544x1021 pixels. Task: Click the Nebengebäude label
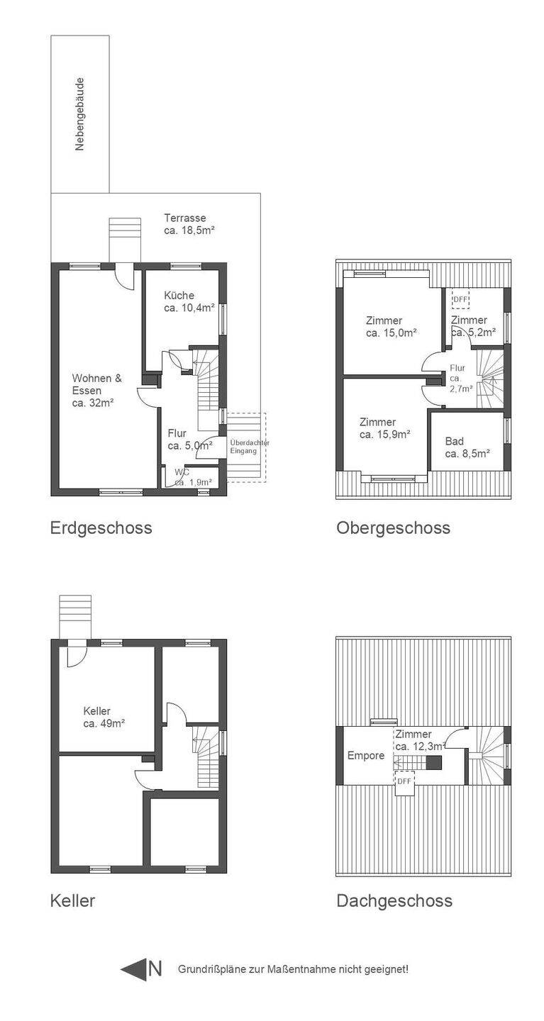point(80,114)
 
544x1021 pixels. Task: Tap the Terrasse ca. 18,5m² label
point(189,224)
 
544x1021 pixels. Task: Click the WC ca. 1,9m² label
point(193,477)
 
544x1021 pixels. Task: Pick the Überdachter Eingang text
point(250,447)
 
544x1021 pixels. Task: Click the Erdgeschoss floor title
point(101,528)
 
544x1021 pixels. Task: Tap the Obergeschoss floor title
point(393,528)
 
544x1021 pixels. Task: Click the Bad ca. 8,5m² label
point(467,447)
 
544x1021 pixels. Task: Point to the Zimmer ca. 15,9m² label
point(385,428)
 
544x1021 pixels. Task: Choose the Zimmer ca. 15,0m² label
point(392,327)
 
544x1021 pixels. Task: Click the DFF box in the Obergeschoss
point(460,299)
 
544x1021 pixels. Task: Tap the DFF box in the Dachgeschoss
point(404,781)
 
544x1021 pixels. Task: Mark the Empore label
point(366,755)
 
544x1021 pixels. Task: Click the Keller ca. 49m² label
point(104,717)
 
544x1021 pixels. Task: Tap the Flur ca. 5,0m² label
point(190,440)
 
